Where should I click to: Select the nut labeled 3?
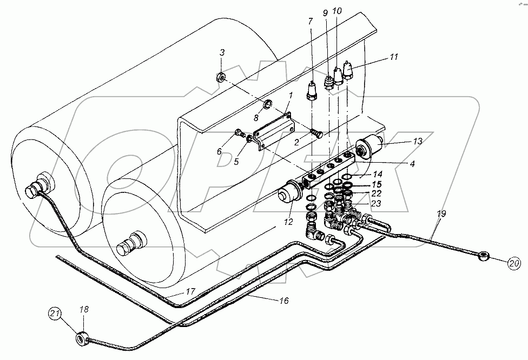(221, 76)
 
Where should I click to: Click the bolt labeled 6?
(239, 133)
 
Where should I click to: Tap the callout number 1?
(290, 96)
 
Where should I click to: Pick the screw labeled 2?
(317, 130)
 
